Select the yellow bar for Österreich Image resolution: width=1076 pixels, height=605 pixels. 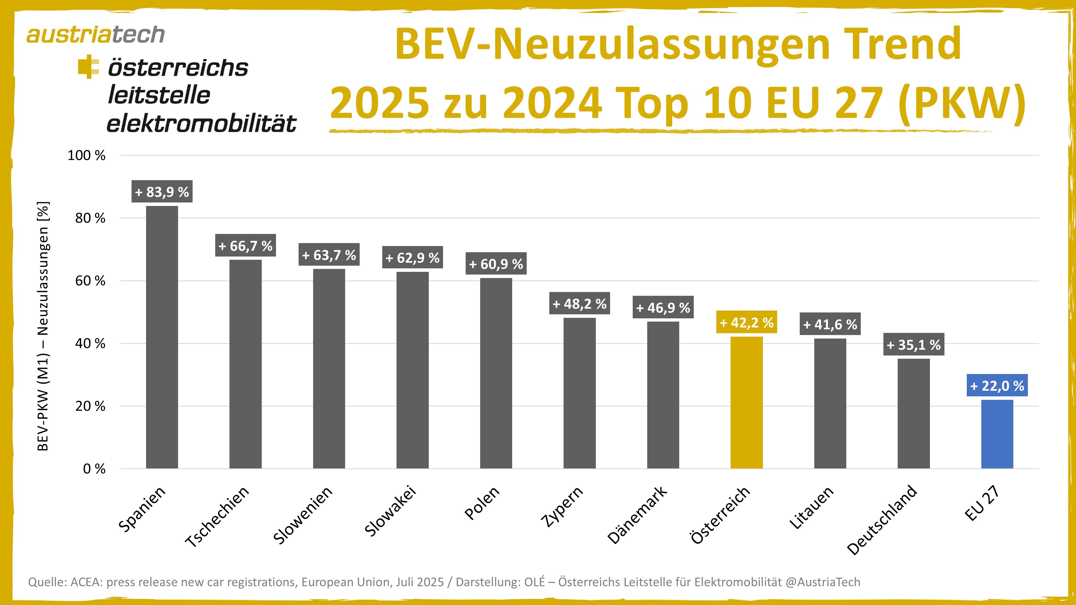click(x=746, y=403)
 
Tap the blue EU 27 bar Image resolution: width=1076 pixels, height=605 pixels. click(x=997, y=434)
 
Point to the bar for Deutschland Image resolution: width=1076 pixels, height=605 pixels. click(x=914, y=413)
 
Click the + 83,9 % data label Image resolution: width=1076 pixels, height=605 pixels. click(x=162, y=192)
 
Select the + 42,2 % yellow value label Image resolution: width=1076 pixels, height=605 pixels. click(x=746, y=322)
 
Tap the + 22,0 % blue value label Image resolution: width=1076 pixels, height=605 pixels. click(x=997, y=385)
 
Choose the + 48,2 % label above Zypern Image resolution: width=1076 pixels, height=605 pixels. click(x=579, y=304)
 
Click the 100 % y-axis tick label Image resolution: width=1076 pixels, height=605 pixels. click(x=86, y=155)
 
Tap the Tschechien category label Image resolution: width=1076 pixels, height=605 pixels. click(x=217, y=517)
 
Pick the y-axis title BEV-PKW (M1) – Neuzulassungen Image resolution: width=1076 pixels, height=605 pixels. click(x=43, y=326)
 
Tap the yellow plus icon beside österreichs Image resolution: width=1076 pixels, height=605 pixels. click(x=88, y=67)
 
